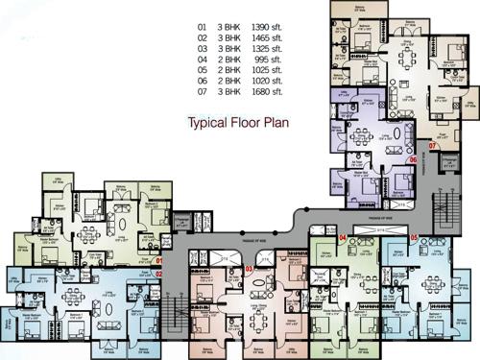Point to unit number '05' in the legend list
201,70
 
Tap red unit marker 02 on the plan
160,274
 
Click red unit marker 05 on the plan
414,237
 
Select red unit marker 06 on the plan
411,160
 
